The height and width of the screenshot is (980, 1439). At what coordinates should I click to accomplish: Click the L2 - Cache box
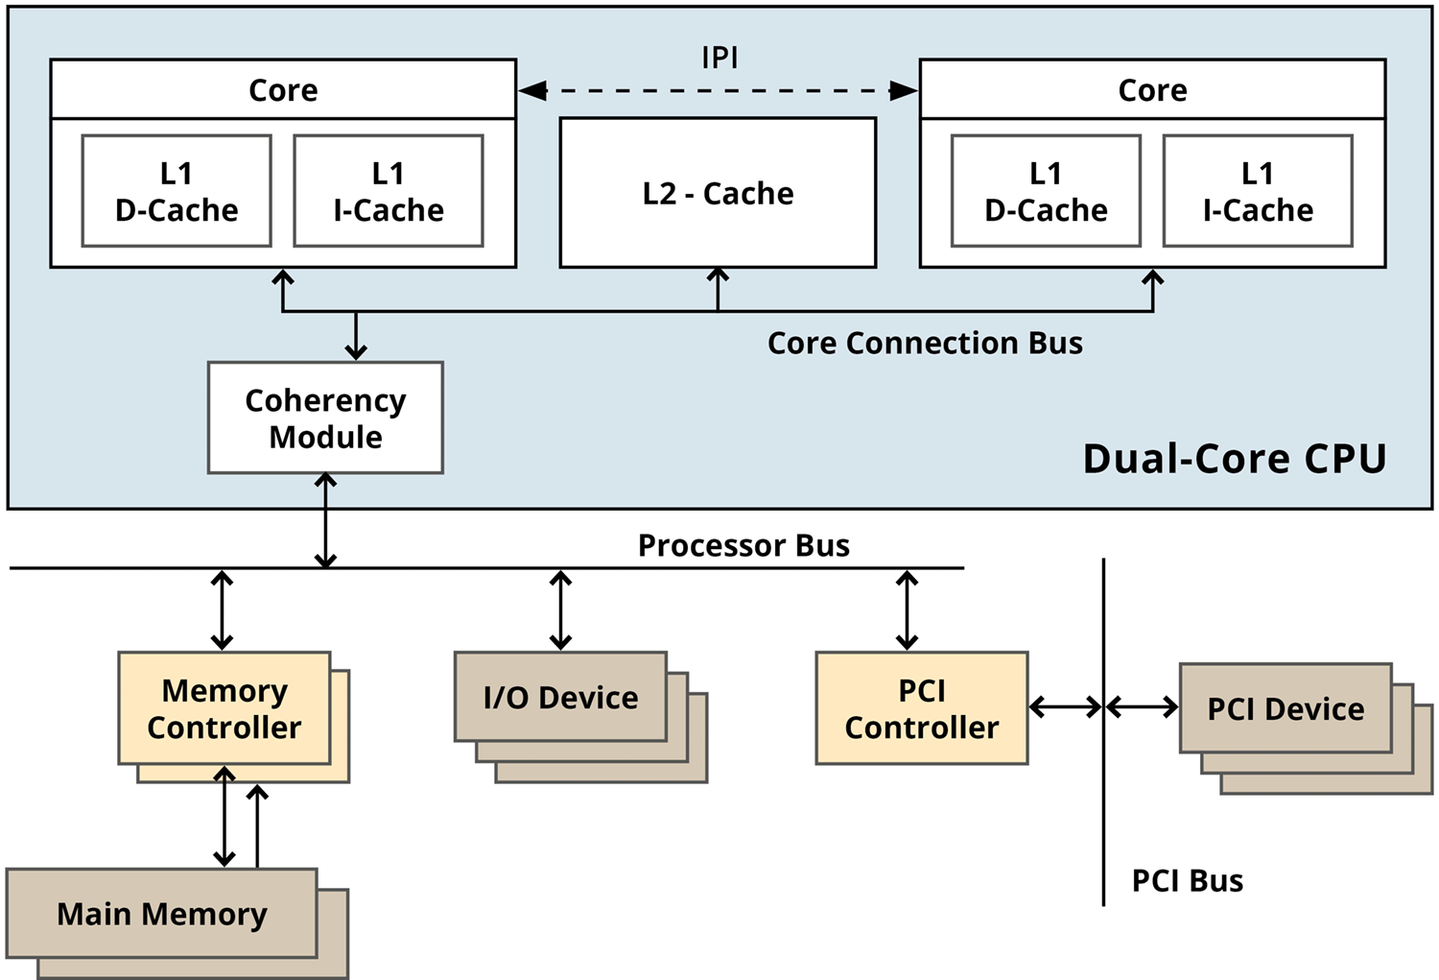pos(718,193)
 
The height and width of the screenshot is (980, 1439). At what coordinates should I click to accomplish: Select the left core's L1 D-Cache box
pos(177,191)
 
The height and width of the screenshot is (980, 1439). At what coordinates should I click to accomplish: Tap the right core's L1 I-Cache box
pos(1258,191)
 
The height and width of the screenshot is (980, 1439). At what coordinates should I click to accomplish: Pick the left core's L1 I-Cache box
pos(389,191)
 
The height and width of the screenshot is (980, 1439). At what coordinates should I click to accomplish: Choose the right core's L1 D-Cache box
pos(1046,191)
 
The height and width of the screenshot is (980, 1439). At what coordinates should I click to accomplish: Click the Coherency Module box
pos(325,418)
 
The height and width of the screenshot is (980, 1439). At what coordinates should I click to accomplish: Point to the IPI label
pos(719,58)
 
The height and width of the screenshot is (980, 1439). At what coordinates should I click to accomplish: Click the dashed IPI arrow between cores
pos(718,91)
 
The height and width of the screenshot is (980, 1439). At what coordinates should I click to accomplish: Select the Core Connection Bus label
pos(925,343)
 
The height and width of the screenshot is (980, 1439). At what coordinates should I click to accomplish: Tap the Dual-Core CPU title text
pos(1235,458)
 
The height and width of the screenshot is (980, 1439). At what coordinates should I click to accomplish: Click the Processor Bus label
pos(743,545)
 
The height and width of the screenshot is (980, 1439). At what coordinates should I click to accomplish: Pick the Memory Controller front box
pos(224,708)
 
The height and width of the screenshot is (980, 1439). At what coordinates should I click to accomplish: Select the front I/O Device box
pos(560,697)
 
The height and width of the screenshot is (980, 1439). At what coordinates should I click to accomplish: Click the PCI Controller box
pos(922,708)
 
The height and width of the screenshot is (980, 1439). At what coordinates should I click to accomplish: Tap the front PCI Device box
pos(1286,708)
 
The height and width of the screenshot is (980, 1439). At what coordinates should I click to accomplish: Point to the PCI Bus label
pos(1187,880)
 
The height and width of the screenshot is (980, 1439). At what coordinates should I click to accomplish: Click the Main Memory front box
pos(162,913)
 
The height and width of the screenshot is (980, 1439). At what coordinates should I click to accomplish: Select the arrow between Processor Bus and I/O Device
pos(560,610)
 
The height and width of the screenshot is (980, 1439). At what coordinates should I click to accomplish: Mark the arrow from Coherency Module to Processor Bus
pos(326,520)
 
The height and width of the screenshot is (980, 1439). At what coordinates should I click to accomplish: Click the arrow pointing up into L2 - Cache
pos(718,289)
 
